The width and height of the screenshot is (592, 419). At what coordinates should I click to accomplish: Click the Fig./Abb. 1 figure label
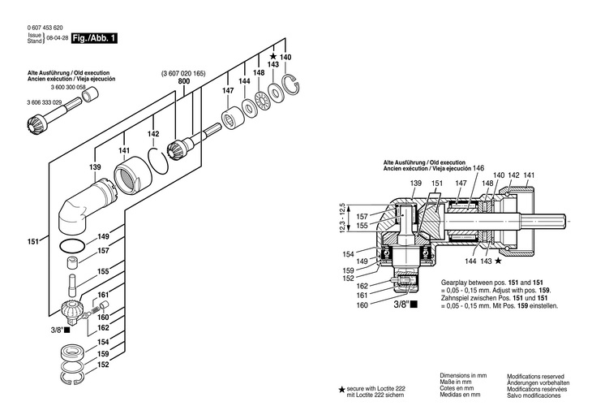[95, 38]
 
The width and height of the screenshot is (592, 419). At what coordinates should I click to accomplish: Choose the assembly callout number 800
[183, 82]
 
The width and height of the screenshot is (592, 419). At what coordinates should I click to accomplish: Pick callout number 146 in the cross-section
[478, 168]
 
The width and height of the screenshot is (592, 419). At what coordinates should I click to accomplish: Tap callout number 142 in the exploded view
[152, 133]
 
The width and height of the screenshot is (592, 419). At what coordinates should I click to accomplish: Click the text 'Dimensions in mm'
[462, 376]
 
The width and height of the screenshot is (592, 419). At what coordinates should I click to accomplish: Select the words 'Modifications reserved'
[535, 377]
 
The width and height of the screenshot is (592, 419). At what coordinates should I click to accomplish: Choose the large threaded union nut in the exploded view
[131, 173]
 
